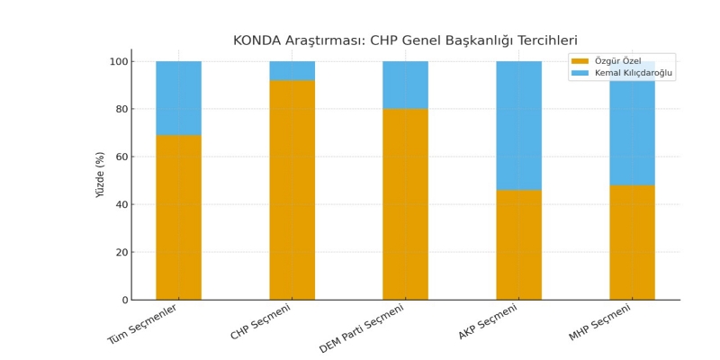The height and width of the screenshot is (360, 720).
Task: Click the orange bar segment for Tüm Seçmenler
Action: coord(178,217)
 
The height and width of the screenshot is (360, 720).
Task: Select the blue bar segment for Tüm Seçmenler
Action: coord(178,98)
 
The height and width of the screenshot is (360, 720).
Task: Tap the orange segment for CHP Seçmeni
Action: coord(292,190)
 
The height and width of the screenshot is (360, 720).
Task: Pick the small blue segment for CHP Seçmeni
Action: coord(292,71)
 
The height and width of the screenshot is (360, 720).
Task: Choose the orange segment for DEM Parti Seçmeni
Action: coord(405,204)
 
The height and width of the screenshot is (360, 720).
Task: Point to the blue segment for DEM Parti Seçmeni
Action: coord(405,85)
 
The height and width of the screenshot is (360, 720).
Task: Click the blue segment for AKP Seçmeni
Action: coord(518,125)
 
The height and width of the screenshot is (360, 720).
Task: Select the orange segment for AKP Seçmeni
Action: coord(518,245)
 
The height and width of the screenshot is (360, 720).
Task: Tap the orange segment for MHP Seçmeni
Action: coord(632,242)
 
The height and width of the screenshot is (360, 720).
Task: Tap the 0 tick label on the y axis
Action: coord(125,300)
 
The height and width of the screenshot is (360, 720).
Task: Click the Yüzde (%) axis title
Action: coord(101,175)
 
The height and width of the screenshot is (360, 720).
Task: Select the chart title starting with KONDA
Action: coord(405,40)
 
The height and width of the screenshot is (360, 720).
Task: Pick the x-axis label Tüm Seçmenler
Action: coord(142,324)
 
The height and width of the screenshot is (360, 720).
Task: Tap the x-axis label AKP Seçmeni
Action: coord(488,321)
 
